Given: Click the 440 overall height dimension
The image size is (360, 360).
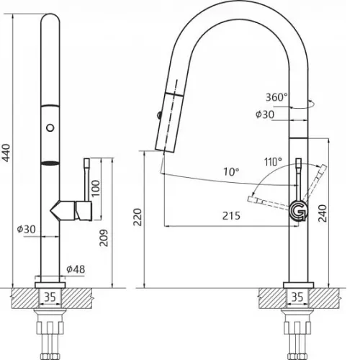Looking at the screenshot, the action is pyautogui.click(x=6, y=153).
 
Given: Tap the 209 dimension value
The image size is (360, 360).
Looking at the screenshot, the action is pyautogui.click(x=104, y=238).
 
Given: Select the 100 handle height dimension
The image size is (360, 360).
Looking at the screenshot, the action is pyautogui.click(x=96, y=188).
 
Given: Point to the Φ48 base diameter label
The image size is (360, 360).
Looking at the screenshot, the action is pyautogui.click(x=76, y=269).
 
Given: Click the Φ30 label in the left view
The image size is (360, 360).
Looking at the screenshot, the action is pyautogui.click(x=27, y=229).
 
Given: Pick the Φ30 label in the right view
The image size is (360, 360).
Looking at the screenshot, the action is pyautogui.click(x=265, y=114).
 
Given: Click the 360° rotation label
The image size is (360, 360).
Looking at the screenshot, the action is pyautogui.click(x=276, y=97).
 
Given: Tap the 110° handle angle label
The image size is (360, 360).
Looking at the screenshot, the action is pyautogui.click(x=273, y=162).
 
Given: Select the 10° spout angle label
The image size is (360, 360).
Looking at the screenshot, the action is pyautogui.click(x=231, y=172).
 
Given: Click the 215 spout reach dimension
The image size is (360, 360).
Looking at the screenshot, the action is pyautogui.click(x=231, y=216).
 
